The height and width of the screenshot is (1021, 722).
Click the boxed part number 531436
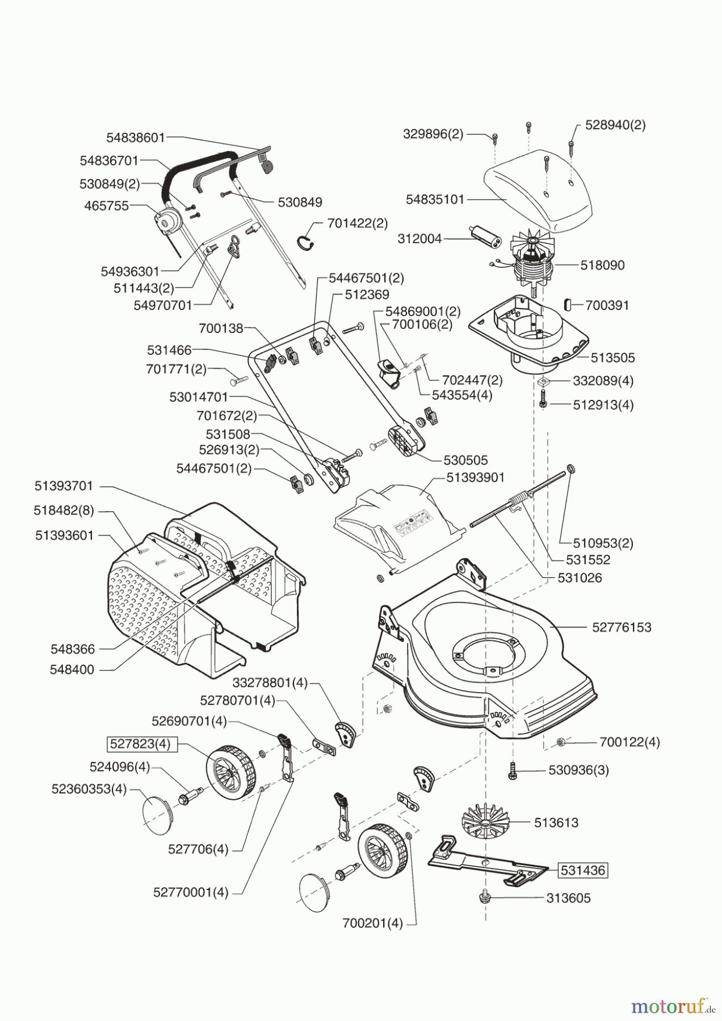click(583, 870)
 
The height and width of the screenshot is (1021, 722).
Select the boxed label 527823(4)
click(140, 744)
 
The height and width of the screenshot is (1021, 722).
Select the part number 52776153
click(622, 627)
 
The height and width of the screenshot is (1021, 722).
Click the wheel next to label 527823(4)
click(230, 772)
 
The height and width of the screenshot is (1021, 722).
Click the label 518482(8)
click(64, 510)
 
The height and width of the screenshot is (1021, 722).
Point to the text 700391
click(607, 305)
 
